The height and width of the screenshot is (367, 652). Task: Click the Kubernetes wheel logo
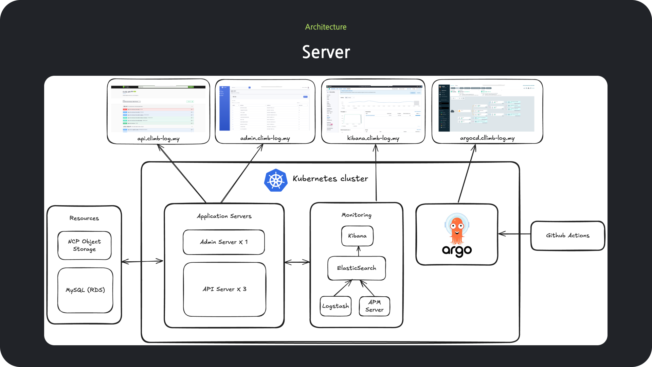click(x=276, y=180)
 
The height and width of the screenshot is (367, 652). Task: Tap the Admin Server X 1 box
click(x=224, y=242)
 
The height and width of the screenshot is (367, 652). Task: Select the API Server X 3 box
click(x=224, y=289)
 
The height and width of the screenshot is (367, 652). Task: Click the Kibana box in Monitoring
click(x=357, y=235)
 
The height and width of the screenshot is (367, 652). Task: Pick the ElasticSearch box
click(x=357, y=268)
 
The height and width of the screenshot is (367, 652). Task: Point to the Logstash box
click(x=336, y=306)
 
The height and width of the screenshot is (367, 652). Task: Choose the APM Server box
click(x=374, y=306)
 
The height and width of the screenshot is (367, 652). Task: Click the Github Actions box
click(x=567, y=235)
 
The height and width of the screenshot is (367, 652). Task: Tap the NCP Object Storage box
click(x=85, y=245)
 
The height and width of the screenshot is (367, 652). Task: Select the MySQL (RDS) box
click(x=85, y=290)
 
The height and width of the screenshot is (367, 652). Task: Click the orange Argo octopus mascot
click(x=457, y=230)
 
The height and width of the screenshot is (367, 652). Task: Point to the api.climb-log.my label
click(x=158, y=139)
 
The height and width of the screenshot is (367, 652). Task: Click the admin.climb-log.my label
click(x=265, y=138)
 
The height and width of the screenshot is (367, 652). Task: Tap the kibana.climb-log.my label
click(x=373, y=138)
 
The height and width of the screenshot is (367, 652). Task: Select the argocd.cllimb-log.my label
click(x=487, y=138)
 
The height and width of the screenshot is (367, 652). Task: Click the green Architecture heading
click(x=326, y=27)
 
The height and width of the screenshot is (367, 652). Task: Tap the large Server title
click(x=326, y=52)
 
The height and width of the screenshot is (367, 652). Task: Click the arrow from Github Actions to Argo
click(x=514, y=234)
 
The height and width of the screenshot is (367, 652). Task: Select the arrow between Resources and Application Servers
click(x=142, y=261)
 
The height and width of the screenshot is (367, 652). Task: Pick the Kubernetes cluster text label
click(x=330, y=179)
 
